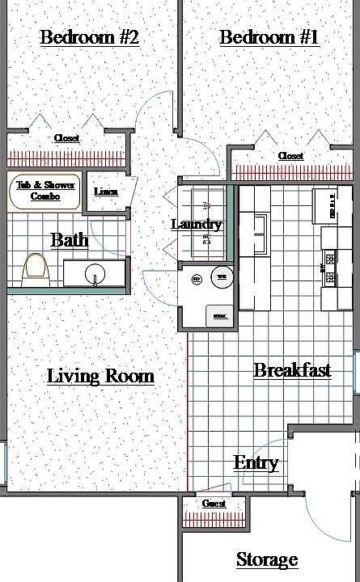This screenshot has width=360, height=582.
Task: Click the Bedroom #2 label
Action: tap(90, 38)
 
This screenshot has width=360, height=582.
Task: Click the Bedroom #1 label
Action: tap(269, 38)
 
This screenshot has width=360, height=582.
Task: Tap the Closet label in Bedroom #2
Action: tap(67, 138)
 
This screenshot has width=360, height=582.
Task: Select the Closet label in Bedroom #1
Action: tap(290, 155)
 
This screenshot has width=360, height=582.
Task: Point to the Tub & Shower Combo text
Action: tap(45, 191)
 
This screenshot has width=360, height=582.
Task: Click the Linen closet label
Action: tap(106, 192)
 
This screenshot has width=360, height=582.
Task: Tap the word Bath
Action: tap(70, 240)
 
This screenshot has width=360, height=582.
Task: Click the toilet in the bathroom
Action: tap(34, 268)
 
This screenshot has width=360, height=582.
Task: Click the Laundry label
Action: tap(197, 224)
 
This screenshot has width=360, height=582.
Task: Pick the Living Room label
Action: tap(100, 376)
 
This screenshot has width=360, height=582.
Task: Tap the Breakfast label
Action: tap(292, 371)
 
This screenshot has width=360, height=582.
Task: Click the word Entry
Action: tap(256, 463)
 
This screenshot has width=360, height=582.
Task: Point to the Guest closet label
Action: tap(214, 504)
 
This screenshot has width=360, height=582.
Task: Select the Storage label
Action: tap(267, 559)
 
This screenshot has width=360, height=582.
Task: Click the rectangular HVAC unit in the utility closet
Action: tap(219, 315)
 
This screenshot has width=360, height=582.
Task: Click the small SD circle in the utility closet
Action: tap(196, 280)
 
